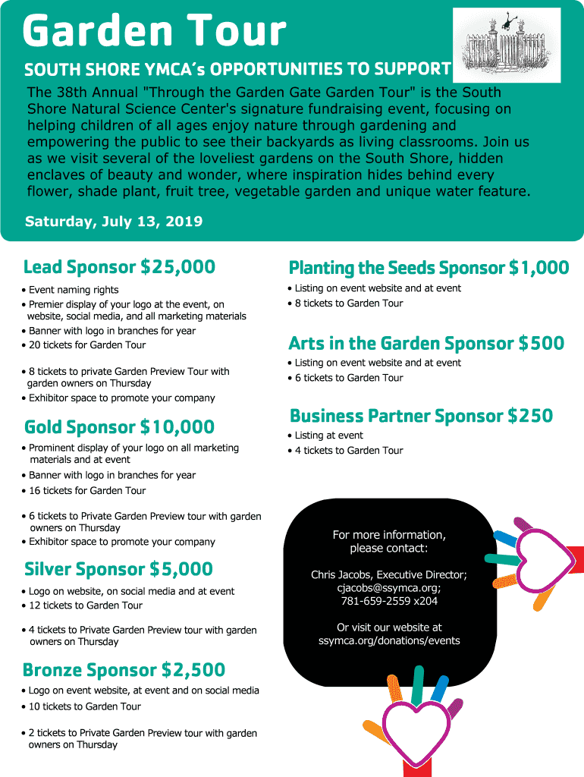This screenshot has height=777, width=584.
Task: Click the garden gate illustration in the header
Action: (506, 46)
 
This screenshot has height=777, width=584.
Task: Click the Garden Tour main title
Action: (155, 32)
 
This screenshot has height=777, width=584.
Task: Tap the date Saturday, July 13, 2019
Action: (114, 222)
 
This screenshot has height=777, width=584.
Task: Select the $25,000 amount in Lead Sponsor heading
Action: (177, 267)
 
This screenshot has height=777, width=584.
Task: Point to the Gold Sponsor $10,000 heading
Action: (119, 427)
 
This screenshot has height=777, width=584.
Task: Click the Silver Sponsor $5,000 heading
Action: (118, 569)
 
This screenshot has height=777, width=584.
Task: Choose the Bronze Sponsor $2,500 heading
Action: (124, 670)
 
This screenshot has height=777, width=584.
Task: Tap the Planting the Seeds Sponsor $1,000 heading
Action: (429, 268)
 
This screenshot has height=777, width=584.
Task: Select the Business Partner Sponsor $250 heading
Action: (421, 416)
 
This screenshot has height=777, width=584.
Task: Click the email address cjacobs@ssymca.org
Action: (388, 588)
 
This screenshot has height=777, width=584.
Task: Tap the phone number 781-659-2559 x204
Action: (389, 601)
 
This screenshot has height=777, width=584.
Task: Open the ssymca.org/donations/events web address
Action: (389, 640)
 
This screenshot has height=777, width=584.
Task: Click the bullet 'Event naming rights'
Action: (74, 290)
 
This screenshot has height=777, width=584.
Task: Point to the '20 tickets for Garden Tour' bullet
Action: (87, 344)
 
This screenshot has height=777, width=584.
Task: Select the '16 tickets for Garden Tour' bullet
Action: (87, 490)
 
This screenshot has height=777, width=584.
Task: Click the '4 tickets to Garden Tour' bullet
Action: (349, 451)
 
